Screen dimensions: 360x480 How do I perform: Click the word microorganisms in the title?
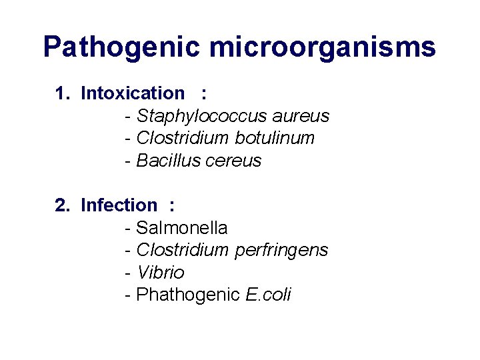pos(323,48)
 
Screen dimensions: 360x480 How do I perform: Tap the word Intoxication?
pos(132,94)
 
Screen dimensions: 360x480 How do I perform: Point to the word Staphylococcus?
pos(195,117)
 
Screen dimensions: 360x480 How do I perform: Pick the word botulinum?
pos(275,139)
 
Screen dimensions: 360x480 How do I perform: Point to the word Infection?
pos(119,205)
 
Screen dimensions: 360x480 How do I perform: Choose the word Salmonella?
pos(181,228)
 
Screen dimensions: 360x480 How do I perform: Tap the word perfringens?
pos(281,251)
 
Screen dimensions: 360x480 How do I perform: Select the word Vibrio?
pos(160,273)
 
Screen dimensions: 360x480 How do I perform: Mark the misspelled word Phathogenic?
pos(188,295)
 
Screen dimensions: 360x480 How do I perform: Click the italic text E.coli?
pos(269,295)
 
